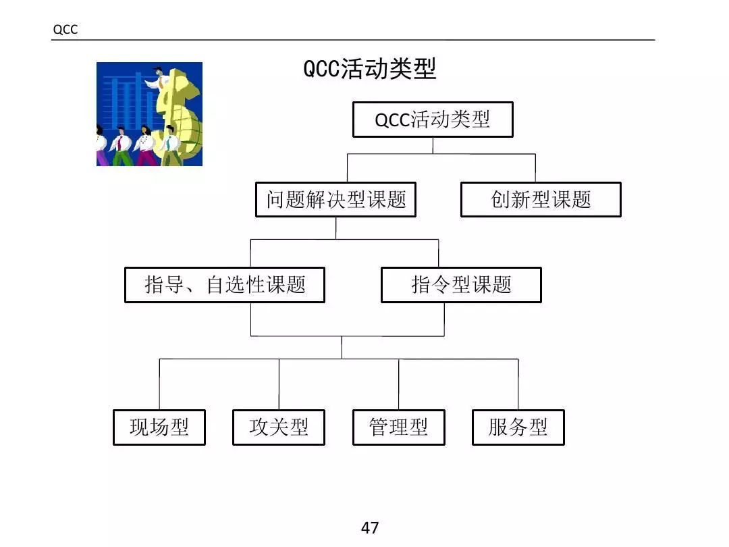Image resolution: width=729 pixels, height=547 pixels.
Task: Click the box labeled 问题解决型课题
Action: pos(335,200)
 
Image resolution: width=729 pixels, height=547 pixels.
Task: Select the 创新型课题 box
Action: pos(541,200)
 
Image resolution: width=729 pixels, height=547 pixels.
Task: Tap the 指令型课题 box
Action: pos(461,285)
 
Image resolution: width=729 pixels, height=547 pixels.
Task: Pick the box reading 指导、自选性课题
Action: pos(225,285)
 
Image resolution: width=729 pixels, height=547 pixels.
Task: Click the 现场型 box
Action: pos(159,427)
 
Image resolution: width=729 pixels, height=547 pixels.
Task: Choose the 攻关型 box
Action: pos(279,427)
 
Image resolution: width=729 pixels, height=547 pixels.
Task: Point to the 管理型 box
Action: pos(398,427)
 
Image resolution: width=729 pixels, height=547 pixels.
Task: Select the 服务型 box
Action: pos(518,427)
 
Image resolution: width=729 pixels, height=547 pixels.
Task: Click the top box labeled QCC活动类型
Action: pos(433,120)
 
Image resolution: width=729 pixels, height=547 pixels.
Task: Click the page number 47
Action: pos(370,527)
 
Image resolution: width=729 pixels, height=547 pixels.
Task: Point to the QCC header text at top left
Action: pos(65,30)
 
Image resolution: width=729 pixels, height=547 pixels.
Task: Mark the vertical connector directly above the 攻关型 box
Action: pos(279,384)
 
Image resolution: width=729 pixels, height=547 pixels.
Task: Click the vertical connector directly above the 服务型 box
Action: pos(518,384)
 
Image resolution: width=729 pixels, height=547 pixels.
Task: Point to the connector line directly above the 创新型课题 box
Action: pos(535,168)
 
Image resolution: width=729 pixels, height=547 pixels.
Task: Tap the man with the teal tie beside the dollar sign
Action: pos(171,147)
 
